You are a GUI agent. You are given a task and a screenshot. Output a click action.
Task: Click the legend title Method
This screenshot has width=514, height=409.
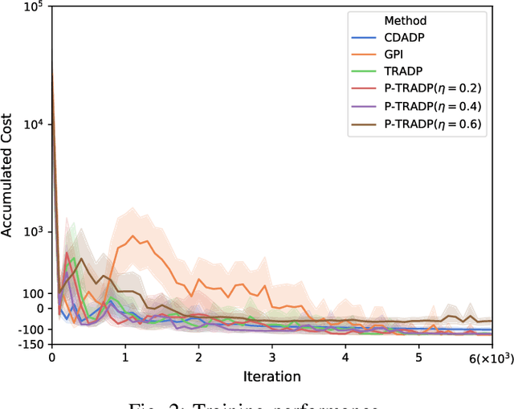(x=406, y=20)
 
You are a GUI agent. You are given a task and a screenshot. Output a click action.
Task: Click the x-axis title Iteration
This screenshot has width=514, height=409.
(x=273, y=376)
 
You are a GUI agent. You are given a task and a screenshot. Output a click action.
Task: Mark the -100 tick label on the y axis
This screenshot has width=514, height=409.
(x=31, y=329)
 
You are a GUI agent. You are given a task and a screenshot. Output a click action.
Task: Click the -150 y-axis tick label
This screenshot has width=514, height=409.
(x=31, y=344)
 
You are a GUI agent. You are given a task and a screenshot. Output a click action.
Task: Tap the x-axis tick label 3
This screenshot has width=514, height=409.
(x=272, y=357)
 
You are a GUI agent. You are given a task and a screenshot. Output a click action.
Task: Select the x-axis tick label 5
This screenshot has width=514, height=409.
(x=418, y=357)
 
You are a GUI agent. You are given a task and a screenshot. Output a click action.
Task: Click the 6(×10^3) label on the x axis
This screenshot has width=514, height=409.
(x=491, y=357)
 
